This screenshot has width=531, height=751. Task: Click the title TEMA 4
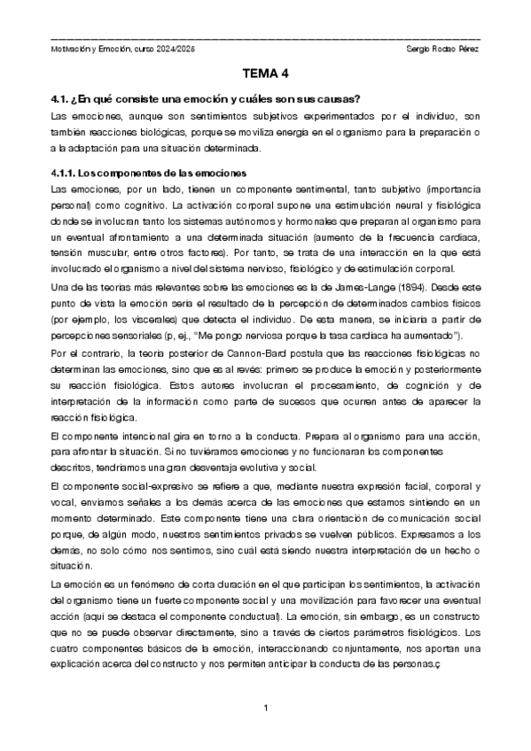click(x=266, y=75)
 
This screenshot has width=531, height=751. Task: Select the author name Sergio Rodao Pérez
click(x=441, y=47)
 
